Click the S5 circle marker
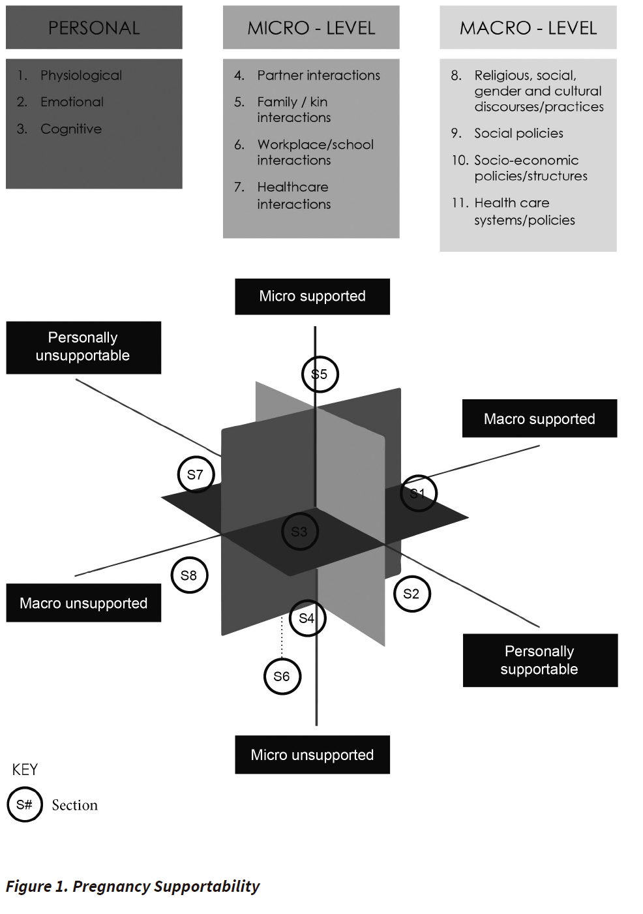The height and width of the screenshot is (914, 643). coord(320,374)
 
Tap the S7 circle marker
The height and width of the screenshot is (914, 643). coord(196,474)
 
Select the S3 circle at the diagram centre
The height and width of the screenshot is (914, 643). coord(299,532)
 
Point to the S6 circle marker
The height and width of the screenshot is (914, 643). coord(282,677)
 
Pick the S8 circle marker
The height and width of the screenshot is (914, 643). coord(189,575)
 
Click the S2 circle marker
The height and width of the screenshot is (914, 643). coord(411,594)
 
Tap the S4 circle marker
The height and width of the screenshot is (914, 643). coord(307,618)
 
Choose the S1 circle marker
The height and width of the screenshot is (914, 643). coord(418,493)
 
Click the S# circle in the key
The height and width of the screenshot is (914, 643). coord(25,804)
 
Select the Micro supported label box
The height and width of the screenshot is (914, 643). coord(312,296)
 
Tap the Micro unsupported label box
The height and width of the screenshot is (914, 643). coord(312,755)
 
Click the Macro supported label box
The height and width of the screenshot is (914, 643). coord(539,418)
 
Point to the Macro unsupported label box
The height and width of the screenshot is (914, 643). coord(83,603)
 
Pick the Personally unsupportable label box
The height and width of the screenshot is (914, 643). coord(83,347)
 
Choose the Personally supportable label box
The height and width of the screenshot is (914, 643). coord(540,660)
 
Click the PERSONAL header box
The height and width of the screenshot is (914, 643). coord(94,27)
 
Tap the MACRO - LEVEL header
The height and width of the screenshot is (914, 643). coord(528,27)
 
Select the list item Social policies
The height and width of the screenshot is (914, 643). coord(518,133)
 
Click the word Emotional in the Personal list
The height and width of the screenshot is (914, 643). coord(72,102)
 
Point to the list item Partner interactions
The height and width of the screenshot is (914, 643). coord(318,75)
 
